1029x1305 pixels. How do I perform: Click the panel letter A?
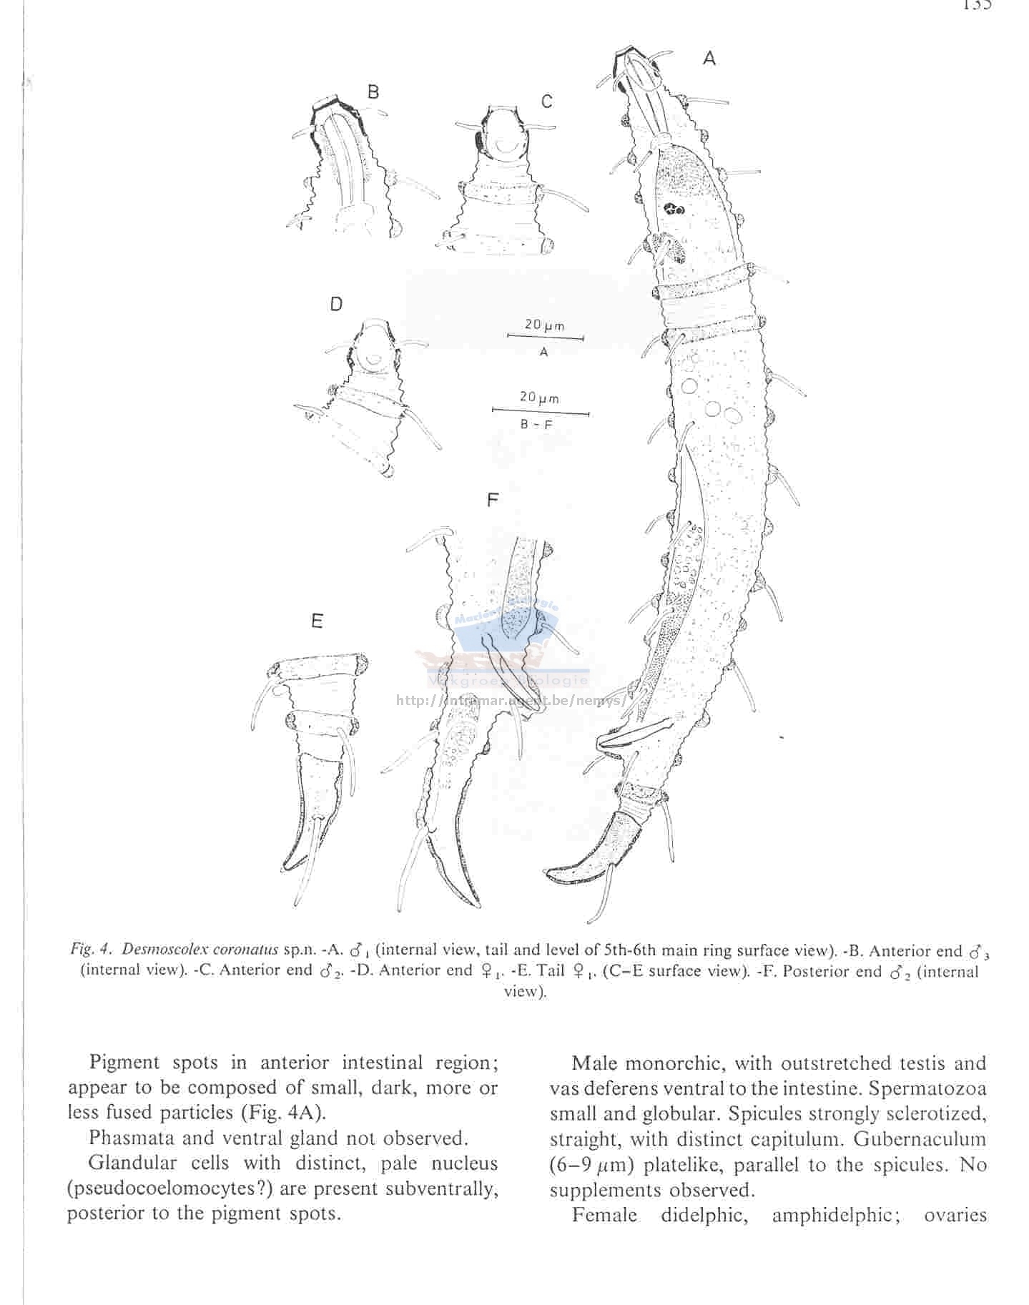click(709, 58)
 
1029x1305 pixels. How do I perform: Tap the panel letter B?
click(373, 92)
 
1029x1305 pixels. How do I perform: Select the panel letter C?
click(546, 102)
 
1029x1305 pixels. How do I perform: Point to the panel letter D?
click(335, 305)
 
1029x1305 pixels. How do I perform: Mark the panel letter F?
click(492, 500)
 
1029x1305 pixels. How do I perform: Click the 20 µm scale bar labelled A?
click(545, 337)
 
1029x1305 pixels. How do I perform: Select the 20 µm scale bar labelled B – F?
click(541, 413)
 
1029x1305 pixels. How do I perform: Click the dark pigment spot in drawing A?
click(674, 210)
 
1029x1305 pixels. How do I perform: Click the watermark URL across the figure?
click(511, 701)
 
